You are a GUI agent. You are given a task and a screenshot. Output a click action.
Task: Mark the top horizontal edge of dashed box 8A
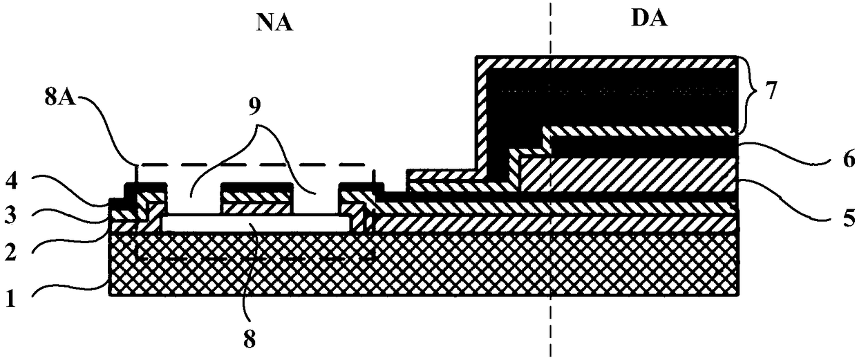[x=256, y=165]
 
